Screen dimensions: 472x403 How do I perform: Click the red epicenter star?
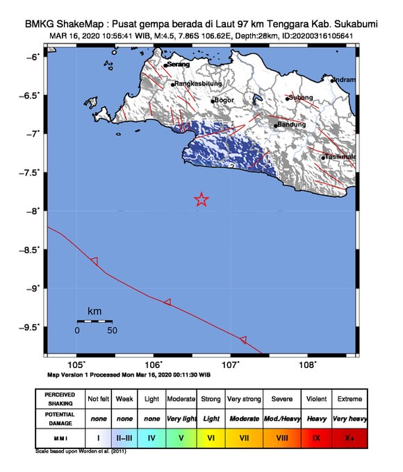201,200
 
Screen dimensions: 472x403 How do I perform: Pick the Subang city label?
302,97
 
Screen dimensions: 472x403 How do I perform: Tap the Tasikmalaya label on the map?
340,157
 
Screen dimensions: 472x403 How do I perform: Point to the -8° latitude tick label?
34,210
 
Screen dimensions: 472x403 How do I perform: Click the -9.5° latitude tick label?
31,326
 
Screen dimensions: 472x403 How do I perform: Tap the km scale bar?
94,321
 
